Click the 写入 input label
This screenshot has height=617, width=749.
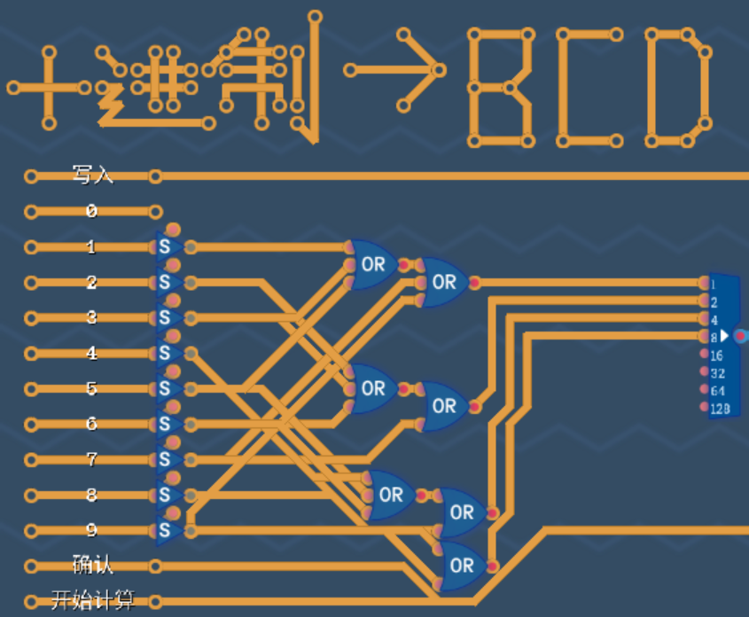point(92,175)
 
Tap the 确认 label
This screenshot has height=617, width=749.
point(92,565)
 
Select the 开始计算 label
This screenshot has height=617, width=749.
point(92,601)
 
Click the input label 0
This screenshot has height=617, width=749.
point(91,211)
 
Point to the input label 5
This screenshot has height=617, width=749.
point(91,388)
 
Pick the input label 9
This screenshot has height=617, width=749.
point(91,530)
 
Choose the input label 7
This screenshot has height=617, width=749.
point(91,459)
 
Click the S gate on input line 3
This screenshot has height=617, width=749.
point(166,317)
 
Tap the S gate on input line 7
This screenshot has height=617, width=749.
point(166,459)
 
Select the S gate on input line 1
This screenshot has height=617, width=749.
point(166,246)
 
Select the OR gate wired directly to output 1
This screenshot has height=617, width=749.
point(444,282)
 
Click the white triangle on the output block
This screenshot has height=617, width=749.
point(725,336)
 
